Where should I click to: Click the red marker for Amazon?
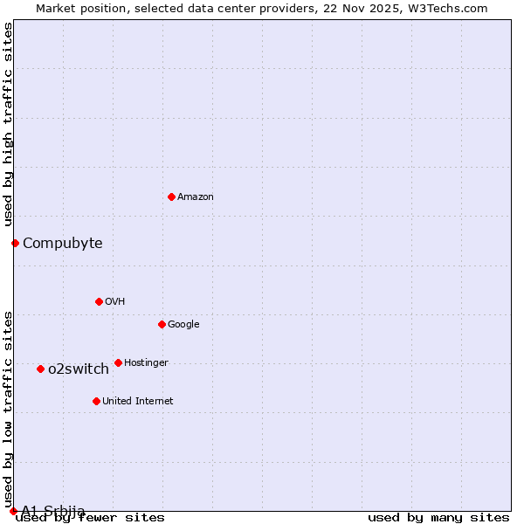[171, 196]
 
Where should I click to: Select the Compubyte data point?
[15, 243]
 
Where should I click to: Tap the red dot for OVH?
[99, 301]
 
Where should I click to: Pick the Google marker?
[162, 324]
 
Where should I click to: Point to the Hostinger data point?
[118, 362]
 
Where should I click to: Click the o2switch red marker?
[40, 369]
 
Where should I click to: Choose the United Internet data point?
[96, 401]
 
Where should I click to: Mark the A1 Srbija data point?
[13, 511]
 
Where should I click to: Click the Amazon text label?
[196, 196]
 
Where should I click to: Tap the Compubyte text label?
[63, 243]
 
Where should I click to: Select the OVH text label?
[115, 301]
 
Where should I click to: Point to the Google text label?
[183, 324]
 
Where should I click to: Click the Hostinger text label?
[146, 362]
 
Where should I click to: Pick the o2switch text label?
[79, 369]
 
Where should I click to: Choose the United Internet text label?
[138, 401]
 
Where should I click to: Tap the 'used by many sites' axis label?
[438, 517]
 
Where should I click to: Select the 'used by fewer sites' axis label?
[90, 517]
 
